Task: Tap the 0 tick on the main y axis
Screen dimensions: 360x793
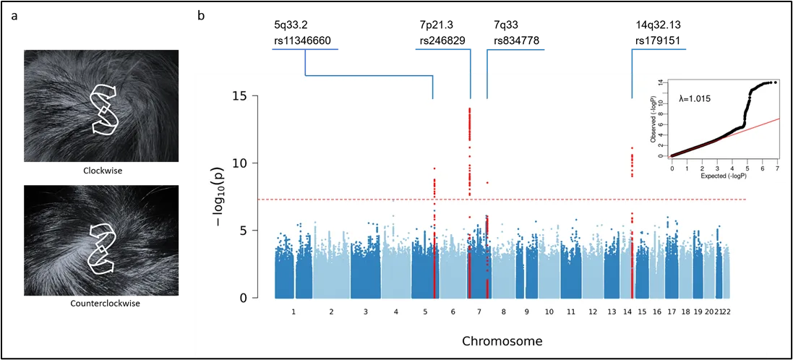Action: coord(244,298)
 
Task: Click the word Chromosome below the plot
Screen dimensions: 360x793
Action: coord(502,340)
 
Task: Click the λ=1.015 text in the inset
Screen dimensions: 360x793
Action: coord(695,98)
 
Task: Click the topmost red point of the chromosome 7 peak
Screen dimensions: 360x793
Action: coord(470,109)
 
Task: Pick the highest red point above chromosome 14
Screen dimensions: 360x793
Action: coord(632,149)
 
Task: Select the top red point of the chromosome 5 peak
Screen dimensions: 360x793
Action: coord(434,168)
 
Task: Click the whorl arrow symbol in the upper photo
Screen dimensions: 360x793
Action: coord(106,109)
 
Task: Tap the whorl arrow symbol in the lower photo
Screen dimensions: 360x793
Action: coord(102,249)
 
